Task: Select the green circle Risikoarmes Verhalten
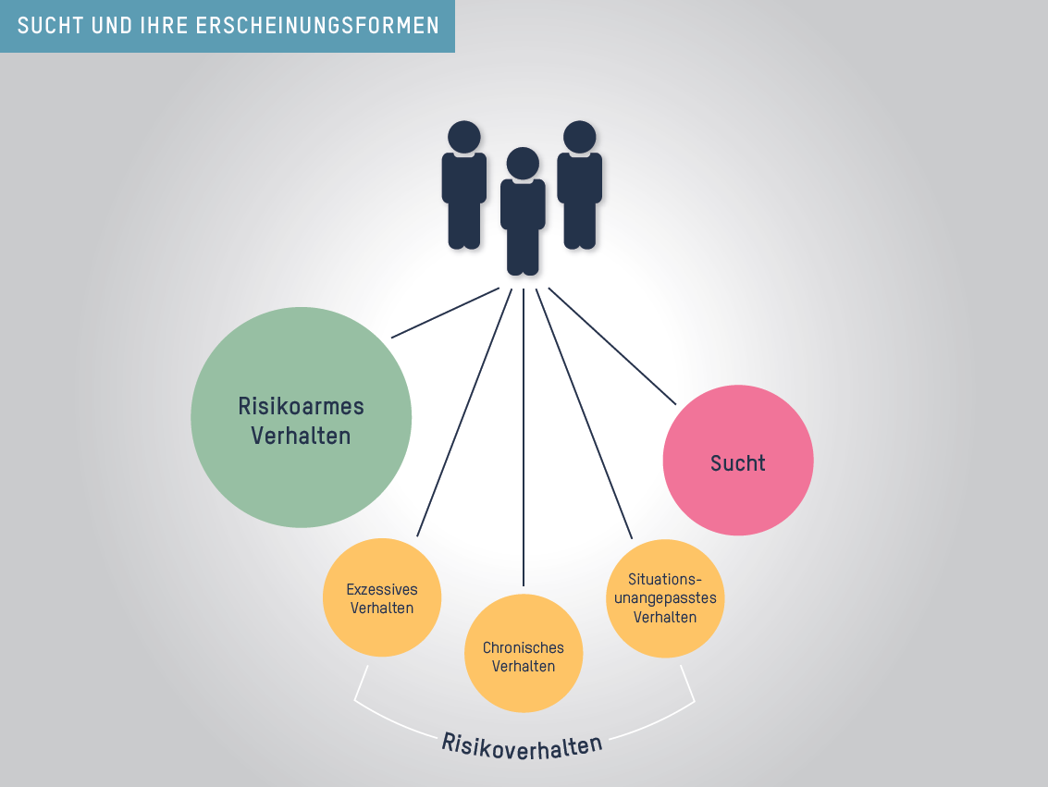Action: click(302, 418)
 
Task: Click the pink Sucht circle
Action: click(738, 461)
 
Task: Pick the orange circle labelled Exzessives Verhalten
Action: click(382, 598)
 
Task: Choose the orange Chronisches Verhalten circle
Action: click(524, 654)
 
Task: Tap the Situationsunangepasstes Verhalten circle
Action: click(665, 597)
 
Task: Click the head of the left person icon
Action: click(464, 137)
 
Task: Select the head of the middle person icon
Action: click(523, 164)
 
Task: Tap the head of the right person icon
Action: click(580, 137)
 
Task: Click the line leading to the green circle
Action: click(445, 313)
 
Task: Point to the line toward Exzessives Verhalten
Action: click(464, 412)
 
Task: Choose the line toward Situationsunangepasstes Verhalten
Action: click(584, 412)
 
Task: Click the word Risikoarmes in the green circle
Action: click(302, 406)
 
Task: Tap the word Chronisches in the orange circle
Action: click(524, 648)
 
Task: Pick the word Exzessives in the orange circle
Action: click(382, 589)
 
